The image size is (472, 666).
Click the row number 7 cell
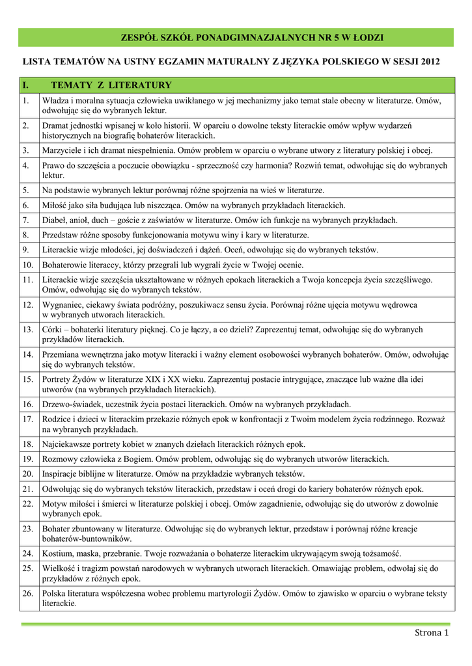pyautogui.click(x=26, y=220)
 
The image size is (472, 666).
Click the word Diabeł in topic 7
pyautogui.click(x=55, y=220)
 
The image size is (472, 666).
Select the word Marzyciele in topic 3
pyautogui.click(x=63, y=150)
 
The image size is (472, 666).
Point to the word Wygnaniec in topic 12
pyautogui.click(x=64, y=304)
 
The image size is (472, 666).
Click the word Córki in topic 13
pyautogui.click(x=53, y=330)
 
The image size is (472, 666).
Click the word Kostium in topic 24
pyautogui.click(x=58, y=553)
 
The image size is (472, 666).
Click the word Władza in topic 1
pyautogui.click(x=56, y=100)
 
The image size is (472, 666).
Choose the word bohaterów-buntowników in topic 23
pyautogui.click(x=87, y=539)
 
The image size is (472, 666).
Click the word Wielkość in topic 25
pyautogui.click(x=59, y=568)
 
